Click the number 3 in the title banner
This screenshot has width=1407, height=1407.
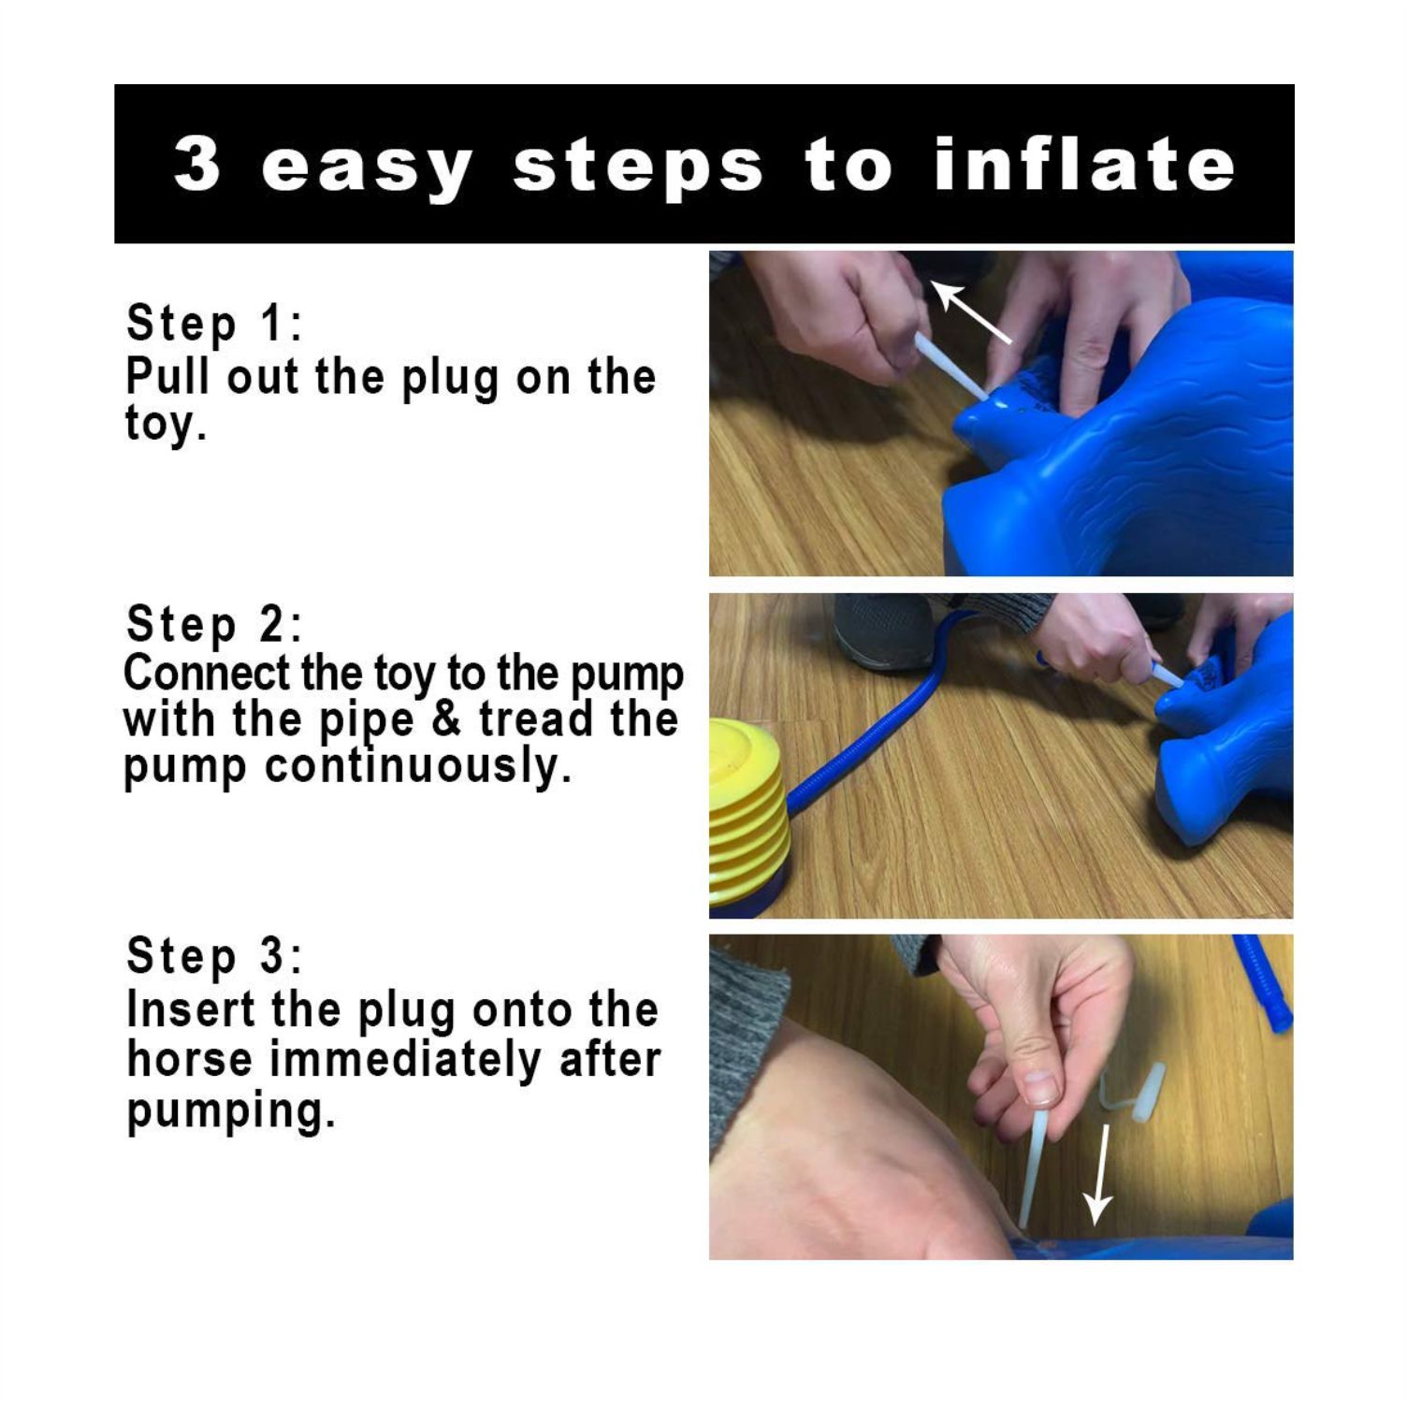pyautogui.click(x=197, y=164)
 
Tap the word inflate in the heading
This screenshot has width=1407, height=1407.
pyautogui.click(x=1084, y=163)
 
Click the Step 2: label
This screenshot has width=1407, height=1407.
pyautogui.click(x=214, y=624)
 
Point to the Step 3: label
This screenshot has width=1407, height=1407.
pyautogui.click(x=214, y=955)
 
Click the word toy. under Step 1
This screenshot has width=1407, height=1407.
pyautogui.click(x=165, y=423)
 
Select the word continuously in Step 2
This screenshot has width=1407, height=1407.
pyautogui.click(x=417, y=766)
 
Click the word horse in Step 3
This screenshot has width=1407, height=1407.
pyautogui.click(x=189, y=1060)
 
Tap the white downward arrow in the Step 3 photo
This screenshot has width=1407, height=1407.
pyautogui.click(x=1099, y=1174)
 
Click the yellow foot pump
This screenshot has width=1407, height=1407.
pyautogui.click(x=749, y=815)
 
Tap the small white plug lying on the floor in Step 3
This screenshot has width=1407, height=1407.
pyautogui.click(x=1137, y=1092)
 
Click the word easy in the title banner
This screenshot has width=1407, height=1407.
pyautogui.click(x=366, y=168)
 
